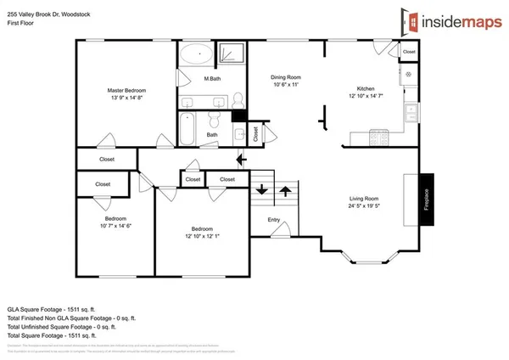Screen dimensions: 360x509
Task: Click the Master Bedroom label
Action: click(x=126, y=90)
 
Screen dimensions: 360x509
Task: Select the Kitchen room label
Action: click(x=366, y=89)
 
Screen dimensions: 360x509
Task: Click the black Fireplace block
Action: click(x=428, y=200)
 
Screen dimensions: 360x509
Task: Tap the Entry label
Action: click(x=274, y=221)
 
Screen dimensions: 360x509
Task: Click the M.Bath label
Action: click(x=213, y=80)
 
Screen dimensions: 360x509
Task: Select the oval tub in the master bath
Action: click(x=198, y=54)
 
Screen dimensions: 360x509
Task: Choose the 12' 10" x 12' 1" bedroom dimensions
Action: click(x=201, y=235)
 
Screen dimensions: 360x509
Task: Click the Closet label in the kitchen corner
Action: click(x=409, y=52)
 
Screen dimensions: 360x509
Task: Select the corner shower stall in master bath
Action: click(x=232, y=54)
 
